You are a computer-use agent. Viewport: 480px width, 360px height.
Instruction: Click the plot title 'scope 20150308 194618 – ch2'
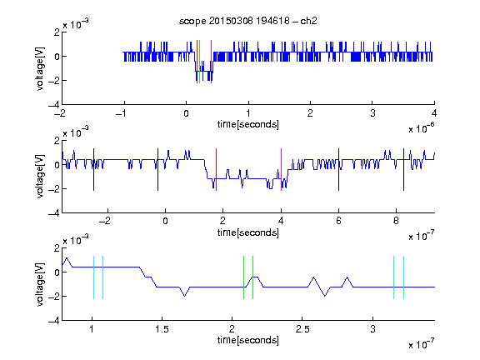(248, 21)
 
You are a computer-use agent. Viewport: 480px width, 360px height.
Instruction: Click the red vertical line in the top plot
(197, 62)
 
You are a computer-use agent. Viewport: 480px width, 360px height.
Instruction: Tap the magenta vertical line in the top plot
(211, 62)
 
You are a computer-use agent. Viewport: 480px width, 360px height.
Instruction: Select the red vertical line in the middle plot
(216, 170)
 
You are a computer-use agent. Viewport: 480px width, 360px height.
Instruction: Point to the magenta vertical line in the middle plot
(281, 170)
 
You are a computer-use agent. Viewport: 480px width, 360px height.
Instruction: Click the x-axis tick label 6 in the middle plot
(338, 221)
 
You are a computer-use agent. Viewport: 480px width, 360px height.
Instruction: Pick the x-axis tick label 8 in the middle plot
(396, 221)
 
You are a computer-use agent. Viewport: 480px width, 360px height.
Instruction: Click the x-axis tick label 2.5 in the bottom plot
(302, 329)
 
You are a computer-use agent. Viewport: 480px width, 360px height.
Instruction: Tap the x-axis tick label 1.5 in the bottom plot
(162, 329)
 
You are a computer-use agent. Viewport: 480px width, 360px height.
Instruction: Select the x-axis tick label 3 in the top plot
(372, 113)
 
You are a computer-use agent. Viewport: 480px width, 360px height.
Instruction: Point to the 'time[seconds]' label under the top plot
(248, 124)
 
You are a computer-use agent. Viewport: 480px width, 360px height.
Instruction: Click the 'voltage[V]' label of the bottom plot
(40, 284)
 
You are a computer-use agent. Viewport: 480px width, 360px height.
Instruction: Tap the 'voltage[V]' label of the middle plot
(40, 177)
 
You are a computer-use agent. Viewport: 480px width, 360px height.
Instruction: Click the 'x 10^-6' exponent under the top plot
(422, 128)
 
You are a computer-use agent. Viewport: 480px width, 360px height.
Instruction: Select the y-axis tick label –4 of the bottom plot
(53, 321)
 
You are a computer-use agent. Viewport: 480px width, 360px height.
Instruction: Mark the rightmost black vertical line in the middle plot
(403, 170)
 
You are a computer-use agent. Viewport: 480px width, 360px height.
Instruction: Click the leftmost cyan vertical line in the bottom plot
(93, 277)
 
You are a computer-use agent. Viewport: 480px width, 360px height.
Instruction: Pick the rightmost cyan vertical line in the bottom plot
(404, 277)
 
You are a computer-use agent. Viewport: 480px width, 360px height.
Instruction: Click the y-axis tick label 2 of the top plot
(57, 32)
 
